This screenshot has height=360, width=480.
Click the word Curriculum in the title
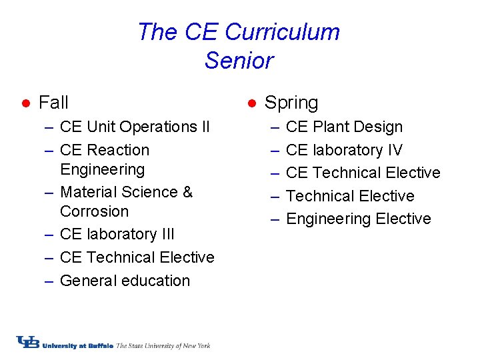pyautogui.click(x=283, y=32)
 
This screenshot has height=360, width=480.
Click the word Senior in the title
pyautogui.click(x=239, y=61)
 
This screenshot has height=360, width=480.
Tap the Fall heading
pyautogui.click(x=53, y=103)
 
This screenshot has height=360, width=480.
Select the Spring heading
pyautogui.click(x=291, y=103)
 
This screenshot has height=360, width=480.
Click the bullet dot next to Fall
pyautogui.click(x=24, y=103)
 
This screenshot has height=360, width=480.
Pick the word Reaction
pyautogui.click(x=118, y=150)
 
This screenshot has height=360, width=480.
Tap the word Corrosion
pyautogui.click(x=94, y=211)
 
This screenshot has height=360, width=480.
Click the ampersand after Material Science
pyautogui.click(x=187, y=192)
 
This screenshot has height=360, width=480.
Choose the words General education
pyautogui.click(x=125, y=281)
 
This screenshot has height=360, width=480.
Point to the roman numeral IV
pyautogui.click(x=393, y=150)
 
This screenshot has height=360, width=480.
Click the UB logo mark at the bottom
pyautogui.click(x=28, y=342)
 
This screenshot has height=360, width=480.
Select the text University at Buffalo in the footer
pyautogui.click(x=78, y=345)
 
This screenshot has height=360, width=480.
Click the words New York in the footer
pyautogui.click(x=197, y=345)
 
